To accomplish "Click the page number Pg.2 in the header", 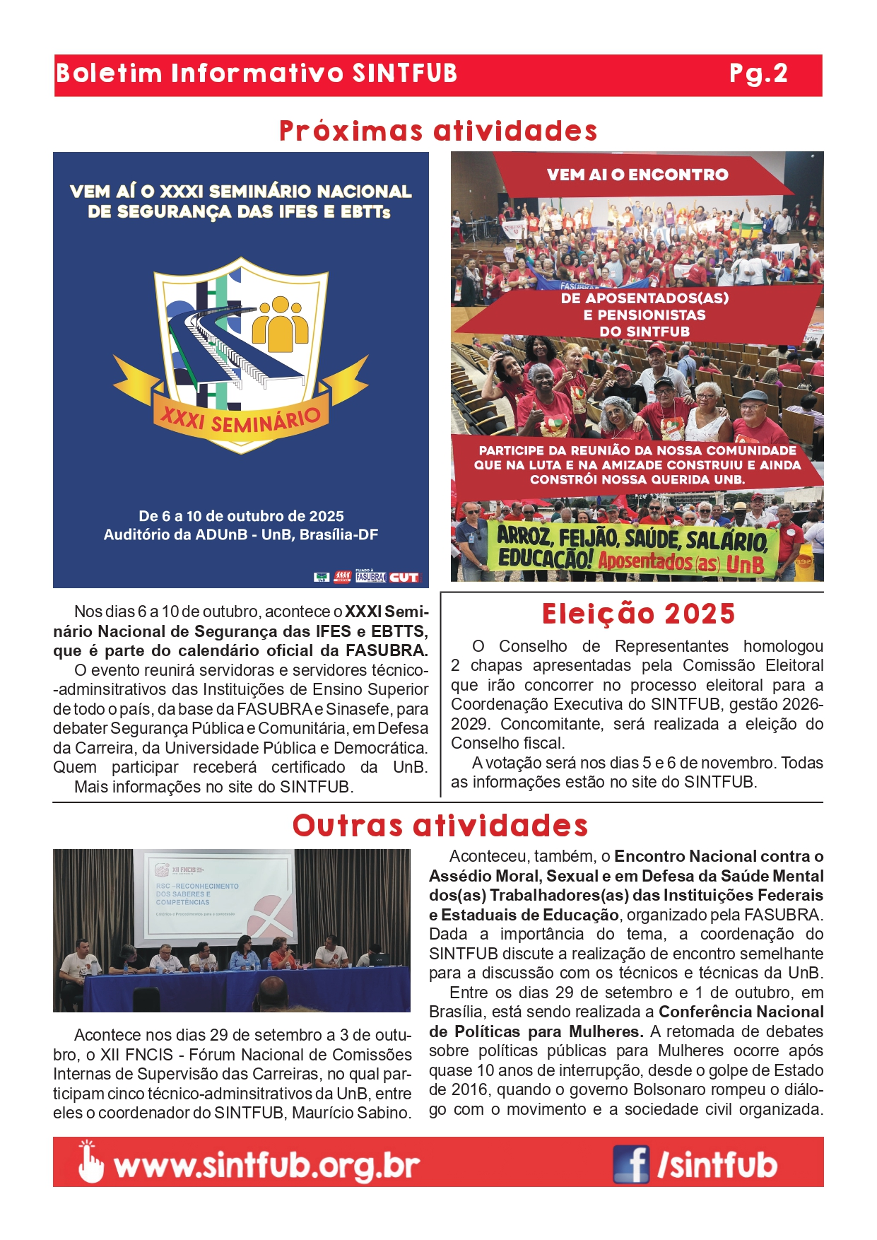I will pos(758,74).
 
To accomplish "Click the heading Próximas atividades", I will pos(438,131).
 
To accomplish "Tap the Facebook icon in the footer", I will pos(630,1164).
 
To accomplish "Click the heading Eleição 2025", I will pos(638,614).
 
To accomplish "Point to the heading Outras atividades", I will pos(440,826).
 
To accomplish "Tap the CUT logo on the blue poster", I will pos(404,578).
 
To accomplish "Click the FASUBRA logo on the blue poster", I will pos(370,577).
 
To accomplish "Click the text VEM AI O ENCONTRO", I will pos(637,175).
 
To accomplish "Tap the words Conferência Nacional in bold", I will pos(741,1012).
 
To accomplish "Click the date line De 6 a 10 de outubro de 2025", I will pos(241,516).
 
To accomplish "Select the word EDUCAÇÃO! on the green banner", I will pos(544,558).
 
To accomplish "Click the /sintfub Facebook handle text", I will pos(717,1165).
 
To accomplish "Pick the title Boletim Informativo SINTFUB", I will pos(257,74).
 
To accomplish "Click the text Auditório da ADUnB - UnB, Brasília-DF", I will pos(241,534).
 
